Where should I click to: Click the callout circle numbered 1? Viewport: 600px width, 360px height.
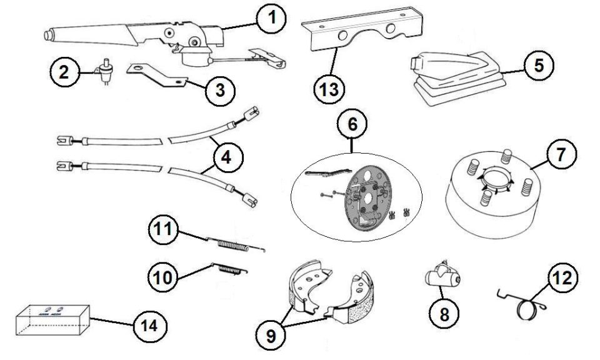click(271, 18)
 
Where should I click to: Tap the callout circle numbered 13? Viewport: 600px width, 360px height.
click(329, 89)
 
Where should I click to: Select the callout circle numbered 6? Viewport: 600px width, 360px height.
click(352, 124)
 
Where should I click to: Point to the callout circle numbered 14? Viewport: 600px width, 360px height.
click(149, 326)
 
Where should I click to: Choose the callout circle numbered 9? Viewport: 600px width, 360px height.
click(271, 336)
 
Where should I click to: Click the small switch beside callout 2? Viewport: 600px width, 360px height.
click(103, 71)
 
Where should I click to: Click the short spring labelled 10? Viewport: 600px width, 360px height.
click(229, 269)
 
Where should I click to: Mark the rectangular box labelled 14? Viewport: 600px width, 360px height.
click(52, 320)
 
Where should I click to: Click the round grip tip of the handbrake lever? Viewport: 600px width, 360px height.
click(48, 34)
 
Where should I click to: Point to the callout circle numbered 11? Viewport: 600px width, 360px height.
click(164, 229)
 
